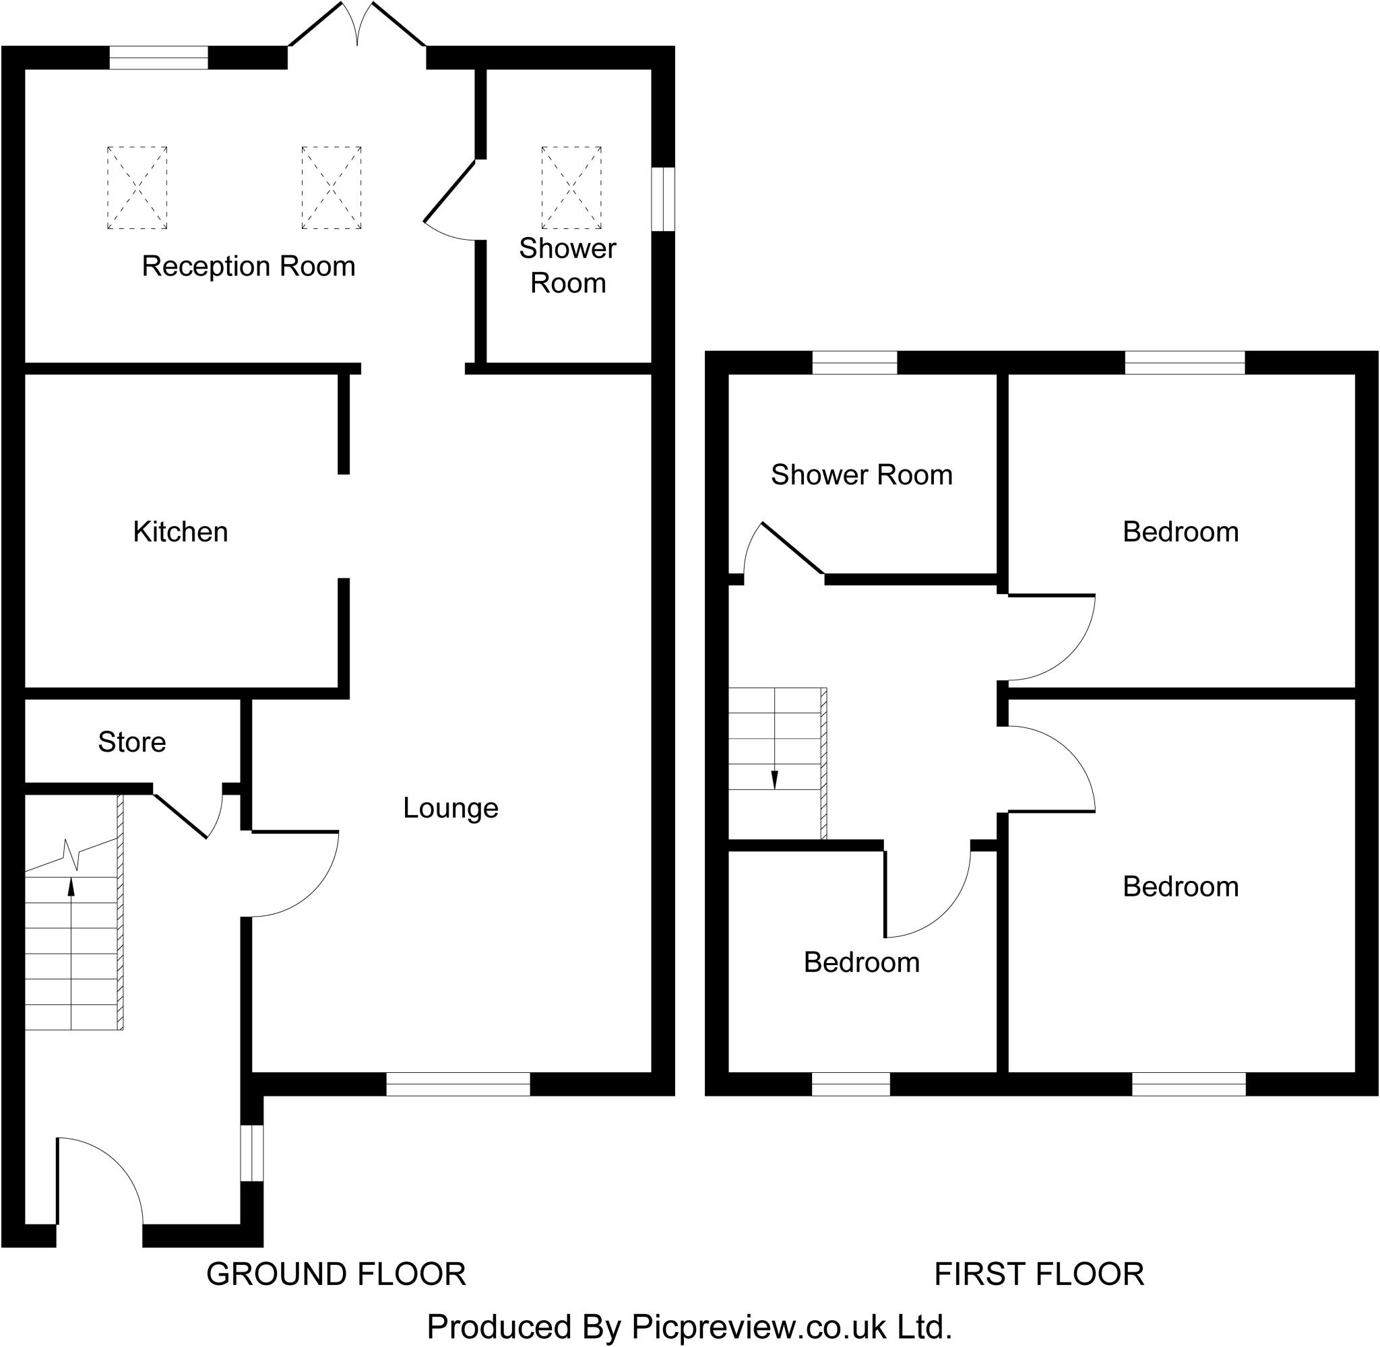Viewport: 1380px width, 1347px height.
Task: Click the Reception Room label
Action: [x=249, y=267]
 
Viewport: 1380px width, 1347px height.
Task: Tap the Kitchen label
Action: [x=181, y=532]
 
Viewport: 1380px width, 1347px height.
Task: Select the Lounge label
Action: [x=451, y=808]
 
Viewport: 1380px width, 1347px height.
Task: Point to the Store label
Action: [x=131, y=742]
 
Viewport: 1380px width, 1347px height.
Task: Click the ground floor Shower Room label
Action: [x=567, y=265]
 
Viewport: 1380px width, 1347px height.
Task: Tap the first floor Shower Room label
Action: [x=861, y=475]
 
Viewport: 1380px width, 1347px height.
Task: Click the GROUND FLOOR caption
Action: [x=336, y=1274]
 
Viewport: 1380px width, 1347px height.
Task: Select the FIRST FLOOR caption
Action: [x=1039, y=1274]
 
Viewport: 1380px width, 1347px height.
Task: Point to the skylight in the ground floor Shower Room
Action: [x=571, y=187]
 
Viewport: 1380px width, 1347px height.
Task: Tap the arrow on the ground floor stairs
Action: [x=71, y=887]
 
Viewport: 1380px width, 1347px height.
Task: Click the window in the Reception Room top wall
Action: [x=158, y=57]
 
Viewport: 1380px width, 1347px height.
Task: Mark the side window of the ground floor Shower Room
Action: [x=663, y=199]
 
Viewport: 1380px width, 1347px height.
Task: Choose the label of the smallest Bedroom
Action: [x=861, y=963]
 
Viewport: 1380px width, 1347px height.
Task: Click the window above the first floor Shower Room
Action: [x=854, y=362]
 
